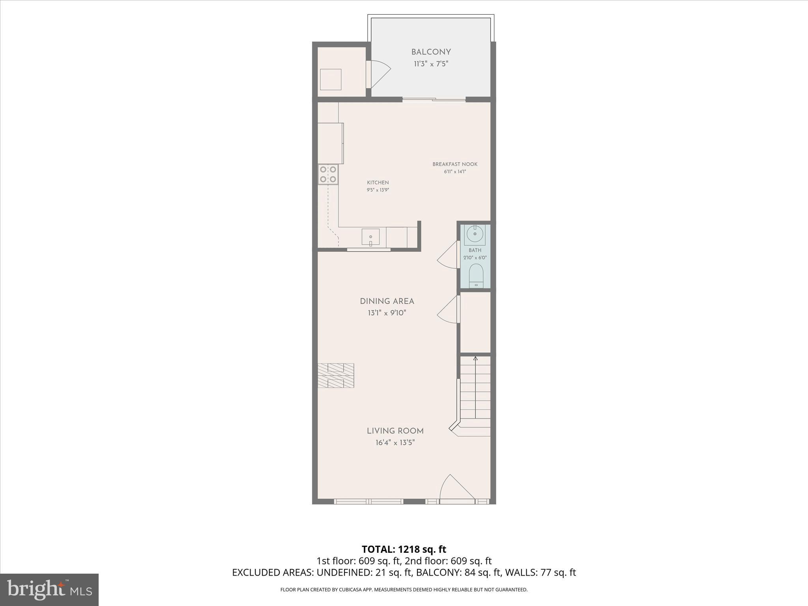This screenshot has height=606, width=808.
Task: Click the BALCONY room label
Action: tap(431, 52)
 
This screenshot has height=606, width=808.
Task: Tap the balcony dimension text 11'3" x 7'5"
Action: tap(431, 64)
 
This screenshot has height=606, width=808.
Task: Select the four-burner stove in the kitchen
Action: tap(328, 174)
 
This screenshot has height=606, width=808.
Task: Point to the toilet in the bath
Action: tap(476, 276)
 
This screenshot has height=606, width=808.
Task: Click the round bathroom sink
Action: tap(475, 234)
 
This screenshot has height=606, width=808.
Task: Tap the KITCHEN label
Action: tap(378, 183)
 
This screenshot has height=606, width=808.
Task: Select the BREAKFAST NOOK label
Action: tap(455, 164)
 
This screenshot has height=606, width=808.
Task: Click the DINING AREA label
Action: tap(387, 301)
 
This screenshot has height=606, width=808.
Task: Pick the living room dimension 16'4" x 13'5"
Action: tap(395, 443)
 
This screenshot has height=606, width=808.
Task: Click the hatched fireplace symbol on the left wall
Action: tap(336, 376)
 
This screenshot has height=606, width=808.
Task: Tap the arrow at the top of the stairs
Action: tap(475, 359)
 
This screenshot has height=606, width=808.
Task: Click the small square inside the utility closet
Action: tap(330, 79)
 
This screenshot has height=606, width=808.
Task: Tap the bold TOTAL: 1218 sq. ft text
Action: tap(404, 549)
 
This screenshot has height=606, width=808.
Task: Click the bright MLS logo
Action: tap(49, 589)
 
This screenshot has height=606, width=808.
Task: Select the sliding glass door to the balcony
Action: tap(434, 99)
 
